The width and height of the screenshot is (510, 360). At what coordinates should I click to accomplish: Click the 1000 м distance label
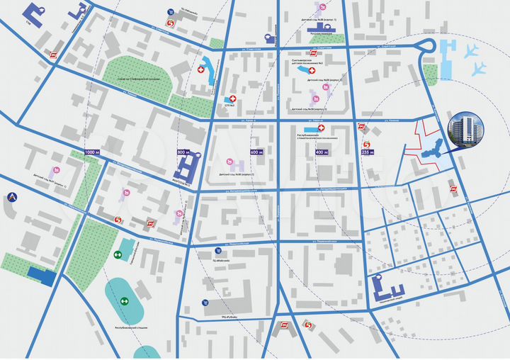click(93, 152)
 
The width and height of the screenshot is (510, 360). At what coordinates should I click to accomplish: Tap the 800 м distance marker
click(184, 152)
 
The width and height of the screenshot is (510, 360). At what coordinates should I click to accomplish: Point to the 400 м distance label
click(322, 152)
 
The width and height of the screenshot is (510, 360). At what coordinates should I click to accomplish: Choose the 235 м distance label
click(367, 152)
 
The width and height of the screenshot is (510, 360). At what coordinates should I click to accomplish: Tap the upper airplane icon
click(471, 51)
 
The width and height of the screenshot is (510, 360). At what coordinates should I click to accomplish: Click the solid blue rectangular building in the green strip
click(41, 276)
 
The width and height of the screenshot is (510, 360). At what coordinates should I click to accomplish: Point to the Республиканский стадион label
click(131, 329)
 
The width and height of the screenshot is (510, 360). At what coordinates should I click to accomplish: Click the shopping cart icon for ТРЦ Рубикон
click(206, 303)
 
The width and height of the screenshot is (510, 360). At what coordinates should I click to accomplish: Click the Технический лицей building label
click(387, 302)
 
